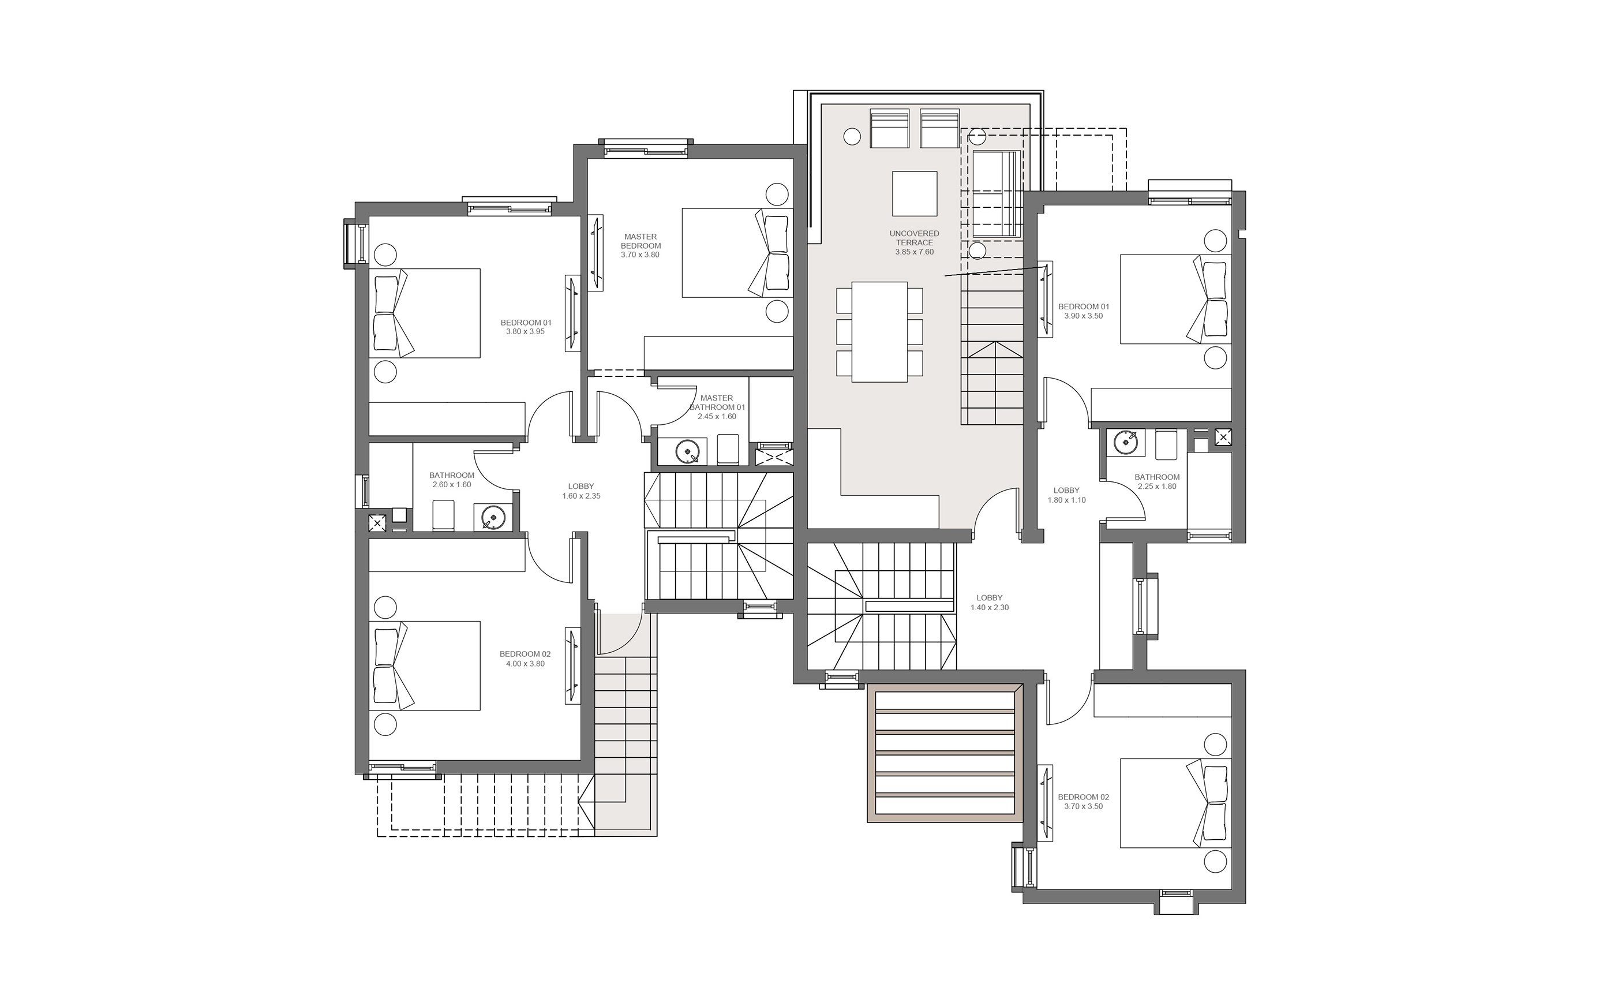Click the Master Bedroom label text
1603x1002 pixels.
click(641, 241)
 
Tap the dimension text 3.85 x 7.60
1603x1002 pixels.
click(914, 252)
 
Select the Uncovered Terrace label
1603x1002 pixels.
click(914, 238)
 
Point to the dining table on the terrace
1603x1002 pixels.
click(879, 332)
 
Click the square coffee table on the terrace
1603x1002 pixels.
click(914, 193)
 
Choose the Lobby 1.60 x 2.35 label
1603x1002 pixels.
click(581, 491)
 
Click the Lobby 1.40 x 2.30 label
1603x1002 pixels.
click(990, 603)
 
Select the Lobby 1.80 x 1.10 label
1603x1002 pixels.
click(1066, 495)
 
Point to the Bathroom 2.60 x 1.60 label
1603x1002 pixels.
click(452, 480)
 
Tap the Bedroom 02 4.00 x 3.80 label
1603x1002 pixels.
click(525, 659)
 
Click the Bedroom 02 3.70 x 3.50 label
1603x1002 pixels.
click(1083, 801)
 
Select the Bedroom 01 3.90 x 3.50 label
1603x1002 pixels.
click(1083, 311)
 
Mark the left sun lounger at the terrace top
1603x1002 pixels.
click(889, 129)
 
